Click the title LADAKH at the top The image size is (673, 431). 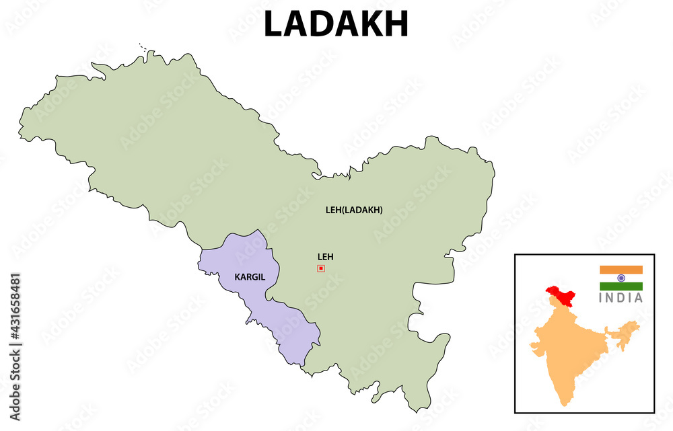(336, 24)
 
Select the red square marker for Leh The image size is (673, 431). (321, 268)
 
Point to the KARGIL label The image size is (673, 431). (249, 277)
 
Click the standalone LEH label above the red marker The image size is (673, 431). (326, 257)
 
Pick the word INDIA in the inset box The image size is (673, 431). (621, 298)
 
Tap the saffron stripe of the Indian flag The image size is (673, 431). (621, 270)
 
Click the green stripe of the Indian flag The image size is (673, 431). (621, 286)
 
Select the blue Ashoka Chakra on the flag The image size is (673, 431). (621, 278)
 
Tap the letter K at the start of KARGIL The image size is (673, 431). (237, 277)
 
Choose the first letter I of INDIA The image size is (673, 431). (602, 298)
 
